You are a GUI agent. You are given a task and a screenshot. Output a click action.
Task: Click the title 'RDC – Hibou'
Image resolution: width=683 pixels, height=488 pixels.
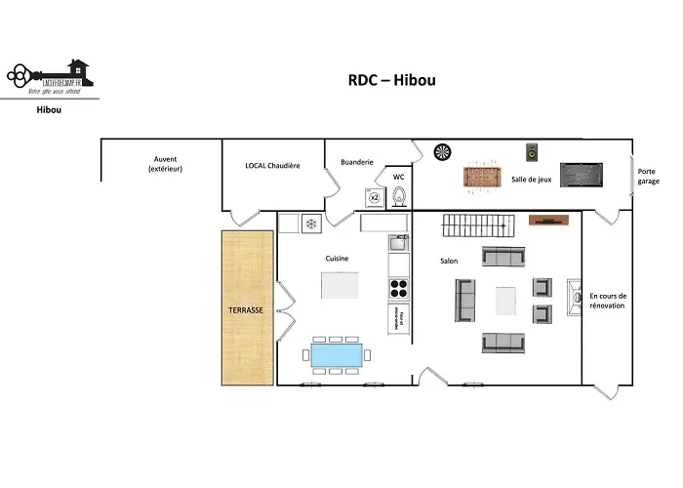tap(392, 80)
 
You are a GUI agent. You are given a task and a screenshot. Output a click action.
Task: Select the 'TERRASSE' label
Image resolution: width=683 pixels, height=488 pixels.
tap(245, 309)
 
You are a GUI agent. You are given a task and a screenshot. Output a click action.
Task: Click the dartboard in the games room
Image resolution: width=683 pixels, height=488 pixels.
tap(442, 152)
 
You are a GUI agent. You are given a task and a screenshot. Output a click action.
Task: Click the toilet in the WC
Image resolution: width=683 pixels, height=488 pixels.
tap(398, 197)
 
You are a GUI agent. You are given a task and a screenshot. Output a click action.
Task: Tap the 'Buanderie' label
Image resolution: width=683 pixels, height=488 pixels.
tap(357, 162)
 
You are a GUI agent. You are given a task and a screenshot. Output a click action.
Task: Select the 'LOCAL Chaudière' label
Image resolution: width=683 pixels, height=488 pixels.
tap(272, 166)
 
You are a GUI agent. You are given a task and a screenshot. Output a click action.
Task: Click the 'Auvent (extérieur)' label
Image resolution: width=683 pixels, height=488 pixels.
tap(165, 164)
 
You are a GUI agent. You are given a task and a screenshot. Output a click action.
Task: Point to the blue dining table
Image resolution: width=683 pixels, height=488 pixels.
tap(338, 353)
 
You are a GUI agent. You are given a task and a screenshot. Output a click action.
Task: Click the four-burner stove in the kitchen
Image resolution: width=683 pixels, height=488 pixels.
tap(399, 288)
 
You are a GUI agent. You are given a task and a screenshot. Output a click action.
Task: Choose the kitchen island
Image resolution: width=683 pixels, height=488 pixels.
tap(340, 286)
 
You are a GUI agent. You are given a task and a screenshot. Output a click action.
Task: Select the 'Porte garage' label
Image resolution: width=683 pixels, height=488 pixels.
tap(647, 177)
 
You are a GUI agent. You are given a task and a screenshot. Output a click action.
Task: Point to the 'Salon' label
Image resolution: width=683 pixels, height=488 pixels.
tap(448, 261)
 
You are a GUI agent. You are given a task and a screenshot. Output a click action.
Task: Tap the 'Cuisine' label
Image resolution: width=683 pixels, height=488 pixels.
tap(338, 258)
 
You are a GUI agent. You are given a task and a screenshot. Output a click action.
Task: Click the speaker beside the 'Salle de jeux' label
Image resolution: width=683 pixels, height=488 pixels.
tap(532, 152)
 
